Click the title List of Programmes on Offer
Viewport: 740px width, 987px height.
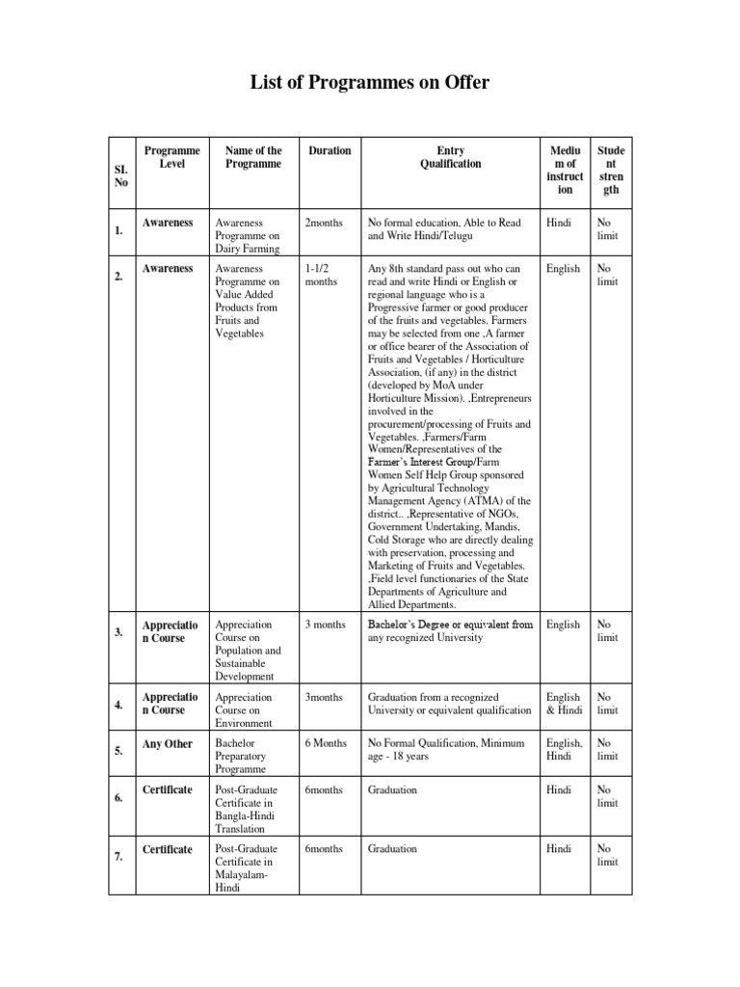370,84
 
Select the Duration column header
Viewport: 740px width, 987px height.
330,150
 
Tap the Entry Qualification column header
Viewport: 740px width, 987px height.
450,157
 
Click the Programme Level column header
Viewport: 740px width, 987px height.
172,157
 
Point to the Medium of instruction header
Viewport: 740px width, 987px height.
565,170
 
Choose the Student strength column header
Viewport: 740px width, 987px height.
611,170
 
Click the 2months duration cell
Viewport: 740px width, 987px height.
324,223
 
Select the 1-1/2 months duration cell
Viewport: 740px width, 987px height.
321,276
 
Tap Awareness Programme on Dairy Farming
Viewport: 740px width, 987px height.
247,235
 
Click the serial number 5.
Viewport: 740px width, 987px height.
119,751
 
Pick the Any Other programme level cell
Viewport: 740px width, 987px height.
168,744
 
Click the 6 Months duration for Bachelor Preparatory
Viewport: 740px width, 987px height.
327,744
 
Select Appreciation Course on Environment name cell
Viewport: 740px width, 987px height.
245,709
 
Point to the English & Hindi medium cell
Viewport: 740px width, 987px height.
564,704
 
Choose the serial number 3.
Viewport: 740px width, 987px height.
119,632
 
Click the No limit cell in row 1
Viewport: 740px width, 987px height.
607,228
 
